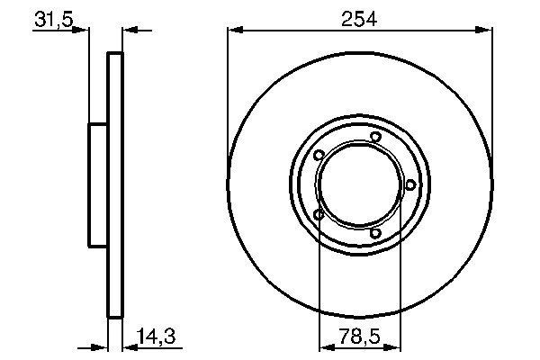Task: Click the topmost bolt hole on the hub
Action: click(x=375, y=137)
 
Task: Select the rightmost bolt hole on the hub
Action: click(x=410, y=184)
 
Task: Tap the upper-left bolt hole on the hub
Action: click(x=319, y=155)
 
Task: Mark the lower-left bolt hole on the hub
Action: click(x=319, y=214)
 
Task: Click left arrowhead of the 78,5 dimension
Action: click(x=326, y=346)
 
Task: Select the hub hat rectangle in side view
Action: click(x=98, y=184)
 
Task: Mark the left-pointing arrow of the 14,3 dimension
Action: click(x=128, y=346)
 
